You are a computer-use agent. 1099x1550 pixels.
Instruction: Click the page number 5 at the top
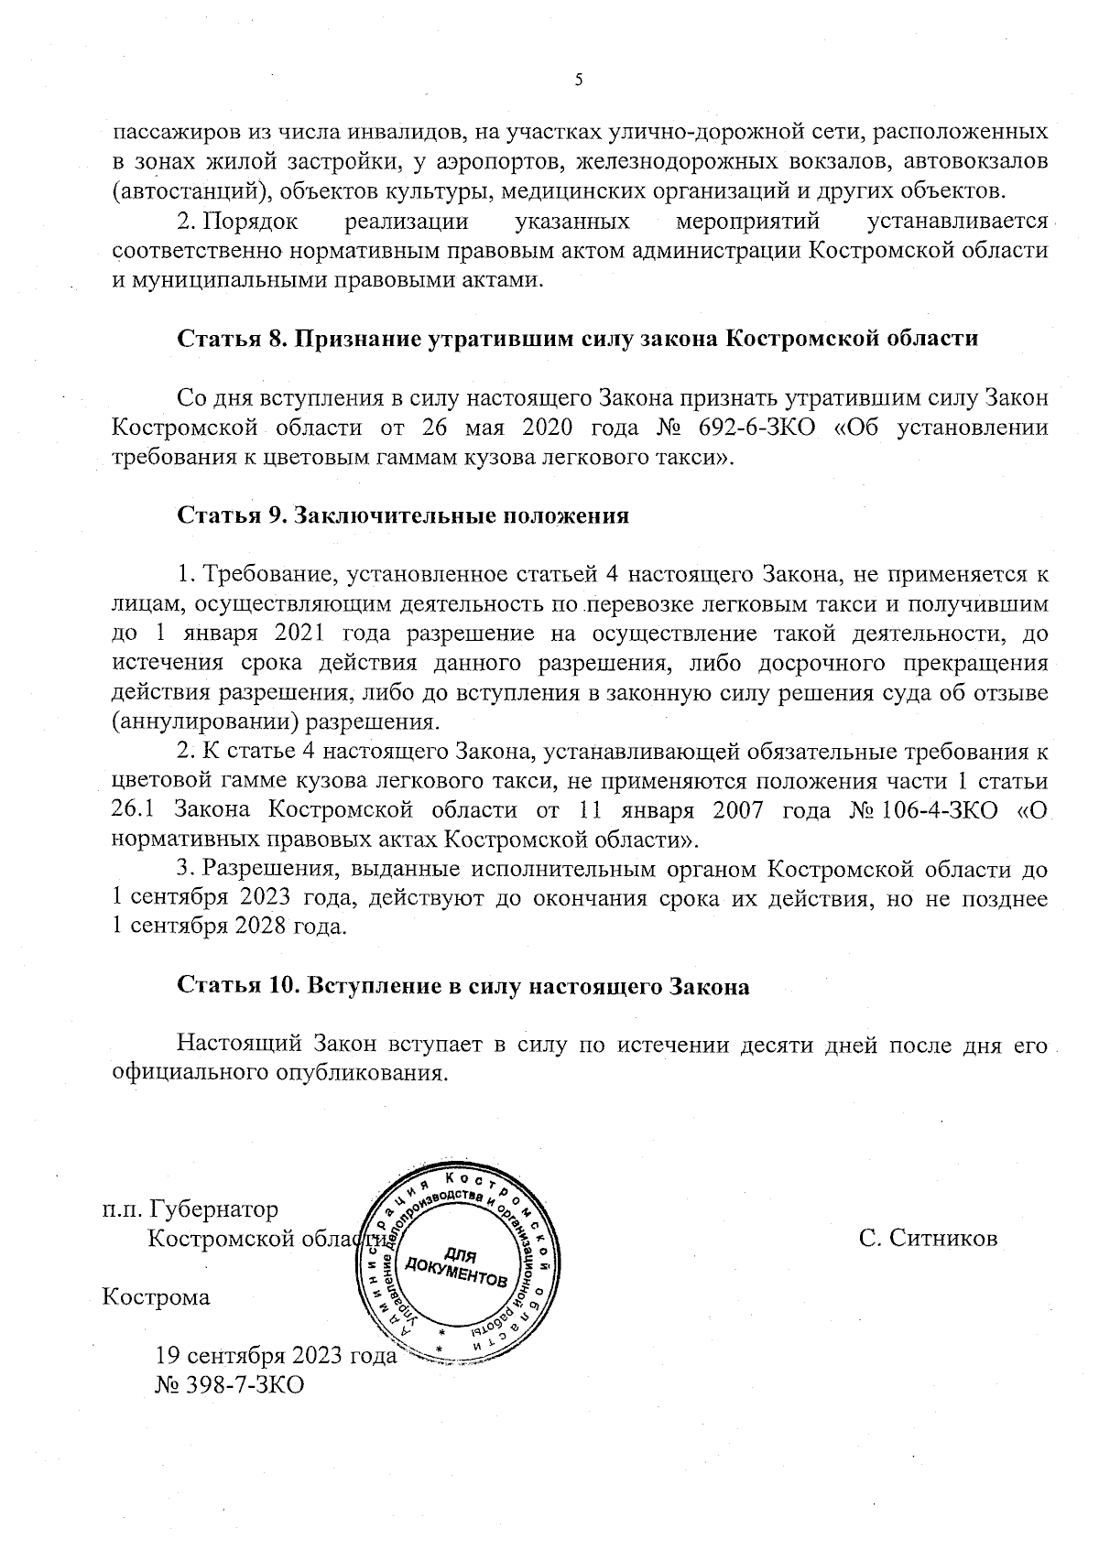(x=578, y=81)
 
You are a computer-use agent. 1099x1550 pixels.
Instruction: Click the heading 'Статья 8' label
(x=230, y=338)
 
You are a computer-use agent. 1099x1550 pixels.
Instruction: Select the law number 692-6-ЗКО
(x=756, y=428)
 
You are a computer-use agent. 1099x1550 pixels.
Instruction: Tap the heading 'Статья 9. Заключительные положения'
(x=402, y=515)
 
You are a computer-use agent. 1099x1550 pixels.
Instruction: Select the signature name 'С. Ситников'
(x=927, y=1239)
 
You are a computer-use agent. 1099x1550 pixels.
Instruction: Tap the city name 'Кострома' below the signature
(x=156, y=1297)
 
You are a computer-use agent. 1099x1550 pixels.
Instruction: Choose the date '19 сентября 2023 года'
(x=276, y=1356)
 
